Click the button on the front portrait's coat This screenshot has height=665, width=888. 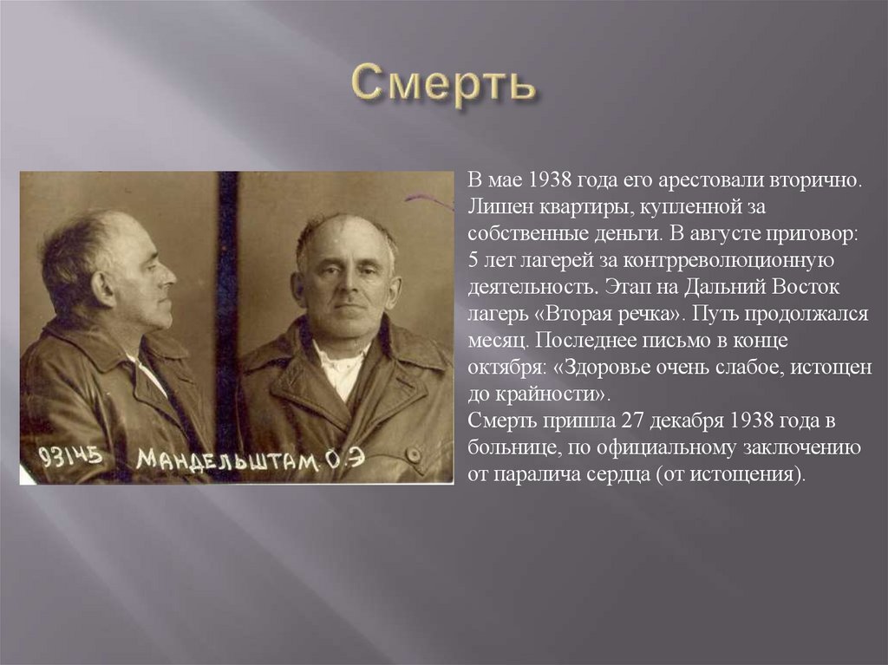(413, 454)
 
